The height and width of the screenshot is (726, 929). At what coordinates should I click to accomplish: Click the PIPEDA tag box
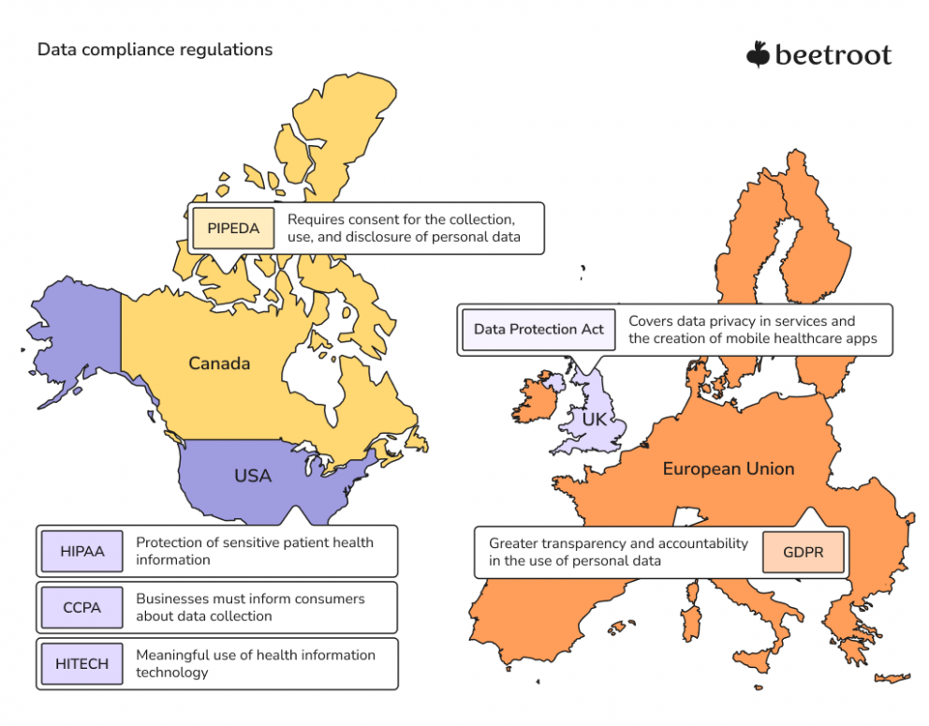(x=233, y=229)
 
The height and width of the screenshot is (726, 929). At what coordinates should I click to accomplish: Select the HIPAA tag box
(x=82, y=551)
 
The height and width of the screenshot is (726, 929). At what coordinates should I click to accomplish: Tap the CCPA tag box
(x=82, y=607)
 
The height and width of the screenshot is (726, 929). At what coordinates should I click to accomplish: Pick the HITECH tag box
(x=82, y=663)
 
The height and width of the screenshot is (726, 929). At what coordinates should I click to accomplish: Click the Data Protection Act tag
(x=538, y=329)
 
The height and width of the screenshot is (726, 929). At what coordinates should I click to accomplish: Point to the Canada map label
(x=219, y=363)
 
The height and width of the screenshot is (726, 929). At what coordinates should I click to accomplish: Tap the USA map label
(x=253, y=476)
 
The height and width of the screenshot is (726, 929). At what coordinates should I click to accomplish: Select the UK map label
(x=595, y=420)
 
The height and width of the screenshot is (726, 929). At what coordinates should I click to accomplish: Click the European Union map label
(x=729, y=468)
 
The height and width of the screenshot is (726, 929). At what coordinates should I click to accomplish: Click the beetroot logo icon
(x=758, y=54)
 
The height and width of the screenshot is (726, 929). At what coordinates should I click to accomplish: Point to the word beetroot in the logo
(x=833, y=55)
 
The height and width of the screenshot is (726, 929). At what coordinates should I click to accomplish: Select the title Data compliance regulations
(x=155, y=50)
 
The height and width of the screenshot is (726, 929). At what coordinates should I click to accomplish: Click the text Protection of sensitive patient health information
(x=255, y=551)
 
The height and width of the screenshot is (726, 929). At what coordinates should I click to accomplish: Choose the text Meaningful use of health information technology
(x=256, y=663)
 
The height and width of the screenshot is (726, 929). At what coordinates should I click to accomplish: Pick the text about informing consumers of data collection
(x=250, y=607)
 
